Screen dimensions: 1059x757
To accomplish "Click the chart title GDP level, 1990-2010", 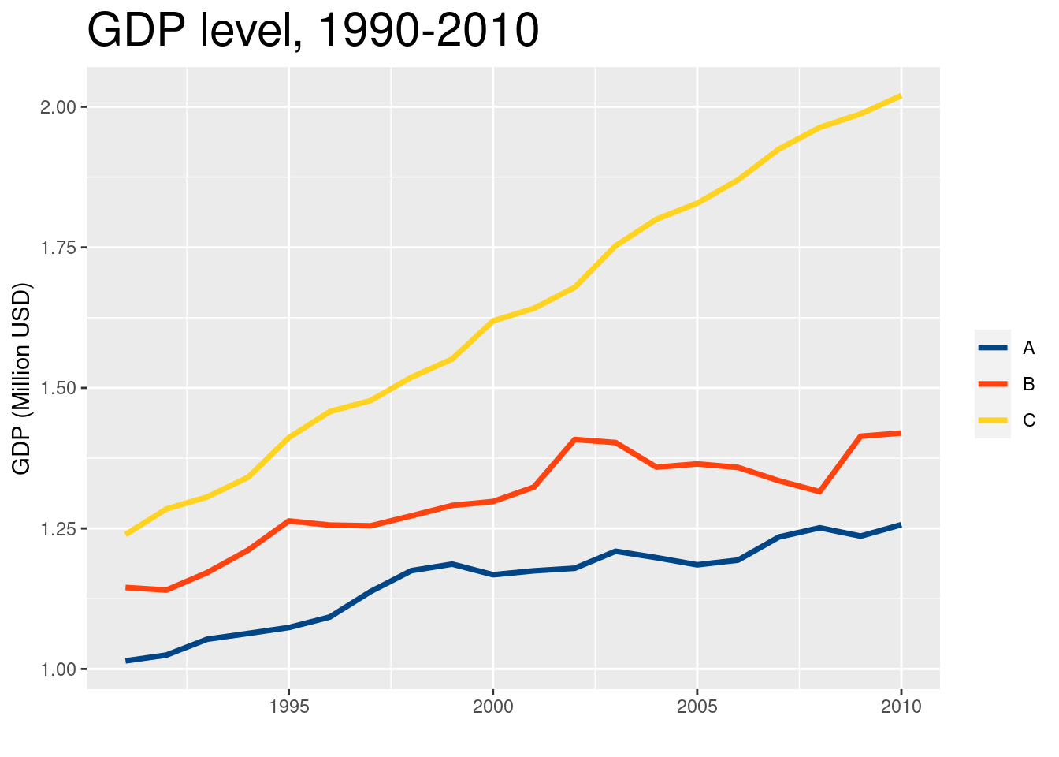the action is pos(313,32).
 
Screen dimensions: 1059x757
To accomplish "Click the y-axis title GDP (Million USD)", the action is pos(21,378).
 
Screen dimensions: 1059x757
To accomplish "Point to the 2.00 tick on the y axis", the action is pos(58,107).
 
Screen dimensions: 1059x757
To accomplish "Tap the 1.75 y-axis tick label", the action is pos(58,248).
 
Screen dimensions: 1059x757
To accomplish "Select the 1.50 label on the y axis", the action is pos(58,389).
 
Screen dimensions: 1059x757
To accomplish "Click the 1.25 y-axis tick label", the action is pos(58,529).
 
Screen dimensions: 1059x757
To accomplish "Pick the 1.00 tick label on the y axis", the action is pos(58,669).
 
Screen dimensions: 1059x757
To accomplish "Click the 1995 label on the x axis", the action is pos(289,707).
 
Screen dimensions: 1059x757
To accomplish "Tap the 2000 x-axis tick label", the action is pos(493,707).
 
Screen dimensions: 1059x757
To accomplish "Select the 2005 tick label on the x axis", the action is pos(697,707).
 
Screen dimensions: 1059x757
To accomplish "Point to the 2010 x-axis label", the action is pos(901,707).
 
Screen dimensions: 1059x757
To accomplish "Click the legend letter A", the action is pos(1029,348).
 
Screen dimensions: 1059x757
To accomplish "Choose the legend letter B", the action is pos(1029,384).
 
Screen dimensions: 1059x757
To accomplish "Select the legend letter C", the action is pos(1029,420).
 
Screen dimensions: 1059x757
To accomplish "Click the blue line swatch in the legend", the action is pos(993,348).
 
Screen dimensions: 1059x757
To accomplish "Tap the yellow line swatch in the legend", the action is pos(993,420).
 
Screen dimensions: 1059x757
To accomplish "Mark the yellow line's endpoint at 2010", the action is pos(901,96).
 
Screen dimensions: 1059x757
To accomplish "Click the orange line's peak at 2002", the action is pos(575,439).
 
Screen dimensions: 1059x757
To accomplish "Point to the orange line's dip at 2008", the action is pos(819,491).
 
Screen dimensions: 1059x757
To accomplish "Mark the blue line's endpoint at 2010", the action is pos(901,524).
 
